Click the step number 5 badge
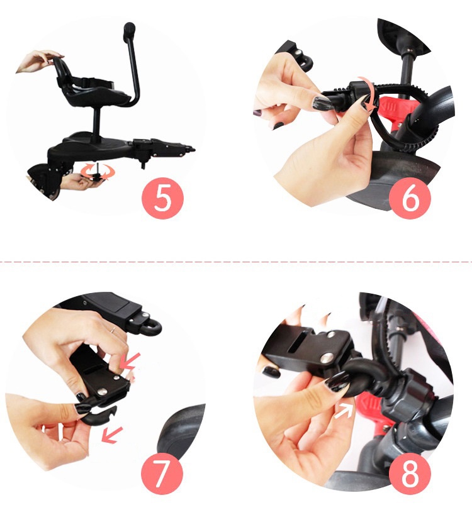coord(162,198)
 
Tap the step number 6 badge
coord(410,198)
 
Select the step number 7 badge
coord(162,474)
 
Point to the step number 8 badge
coord(410,474)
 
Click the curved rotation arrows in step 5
coord(98,172)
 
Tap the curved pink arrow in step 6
coord(368,92)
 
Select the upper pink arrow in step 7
coord(130,362)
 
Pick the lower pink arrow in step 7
coord(112,435)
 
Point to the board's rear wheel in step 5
coord(43,181)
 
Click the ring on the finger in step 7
coord(113,331)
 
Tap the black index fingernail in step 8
coord(337,381)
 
